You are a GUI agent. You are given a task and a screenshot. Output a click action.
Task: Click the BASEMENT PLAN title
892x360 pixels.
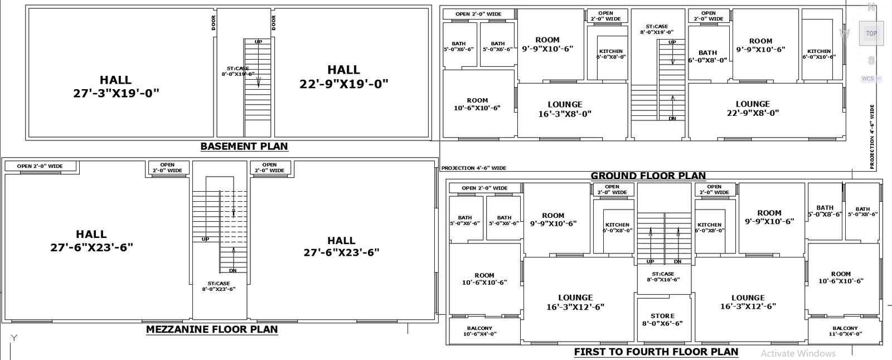[x=244, y=147]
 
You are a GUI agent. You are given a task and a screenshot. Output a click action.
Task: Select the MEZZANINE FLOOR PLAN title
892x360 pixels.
[x=212, y=329]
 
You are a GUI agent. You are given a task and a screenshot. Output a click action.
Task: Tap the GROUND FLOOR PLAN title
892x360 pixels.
[x=648, y=176]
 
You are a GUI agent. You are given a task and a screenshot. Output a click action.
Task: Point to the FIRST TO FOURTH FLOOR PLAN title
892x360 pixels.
[x=656, y=352]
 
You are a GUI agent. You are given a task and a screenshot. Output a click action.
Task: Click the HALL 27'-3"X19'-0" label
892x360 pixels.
[x=116, y=86]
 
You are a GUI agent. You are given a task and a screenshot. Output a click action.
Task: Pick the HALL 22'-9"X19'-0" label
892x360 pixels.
[x=343, y=77]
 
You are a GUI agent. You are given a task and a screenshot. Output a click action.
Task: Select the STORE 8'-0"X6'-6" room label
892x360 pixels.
[x=662, y=319]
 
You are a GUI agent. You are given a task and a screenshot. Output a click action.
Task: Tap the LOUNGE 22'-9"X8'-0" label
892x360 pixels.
[x=753, y=108]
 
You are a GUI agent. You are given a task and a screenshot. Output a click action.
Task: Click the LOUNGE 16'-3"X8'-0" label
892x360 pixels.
[x=565, y=109]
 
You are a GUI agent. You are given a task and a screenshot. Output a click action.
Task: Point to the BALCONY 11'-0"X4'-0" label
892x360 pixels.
[x=845, y=331]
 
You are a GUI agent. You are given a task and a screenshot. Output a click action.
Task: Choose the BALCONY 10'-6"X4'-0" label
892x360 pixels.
[x=479, y=331]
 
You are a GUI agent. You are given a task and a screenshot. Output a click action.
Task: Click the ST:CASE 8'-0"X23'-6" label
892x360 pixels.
[x=219, y=286]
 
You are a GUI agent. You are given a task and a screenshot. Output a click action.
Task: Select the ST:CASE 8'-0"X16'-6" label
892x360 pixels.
[x=663, y=276]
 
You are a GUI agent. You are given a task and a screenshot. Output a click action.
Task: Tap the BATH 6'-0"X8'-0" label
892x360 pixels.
[x=707, y=56]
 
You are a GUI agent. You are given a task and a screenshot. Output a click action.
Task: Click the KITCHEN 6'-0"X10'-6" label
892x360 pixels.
[x=819, y=54]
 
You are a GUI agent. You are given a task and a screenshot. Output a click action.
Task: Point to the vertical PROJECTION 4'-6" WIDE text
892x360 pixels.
[x=872, y=137]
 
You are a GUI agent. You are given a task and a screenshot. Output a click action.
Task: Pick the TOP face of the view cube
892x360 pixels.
[x=871, y=33]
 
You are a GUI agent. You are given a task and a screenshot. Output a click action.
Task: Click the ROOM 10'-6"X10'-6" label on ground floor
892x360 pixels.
[x=477, y=104]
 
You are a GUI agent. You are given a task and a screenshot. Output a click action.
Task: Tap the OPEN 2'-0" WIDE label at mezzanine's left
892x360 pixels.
[x=40, y=166]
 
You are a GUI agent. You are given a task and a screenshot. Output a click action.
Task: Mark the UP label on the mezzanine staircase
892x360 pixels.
[x=205, y=239]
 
